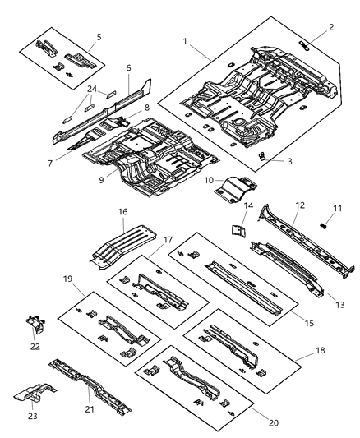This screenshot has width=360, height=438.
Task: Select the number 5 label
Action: pos(99,37)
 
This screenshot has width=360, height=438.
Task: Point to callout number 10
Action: pos(209,179)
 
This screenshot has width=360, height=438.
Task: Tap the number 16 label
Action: pos(122,212)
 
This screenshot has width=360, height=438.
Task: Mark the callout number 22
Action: pos(34,346)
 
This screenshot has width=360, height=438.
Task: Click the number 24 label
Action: pos(92,89)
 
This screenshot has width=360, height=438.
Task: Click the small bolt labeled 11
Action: pos(324,222)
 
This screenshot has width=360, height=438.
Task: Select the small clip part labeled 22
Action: pos(36,325)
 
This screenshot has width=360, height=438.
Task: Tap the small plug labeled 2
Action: pos(306,43)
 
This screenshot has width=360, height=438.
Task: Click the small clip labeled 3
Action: pos(261,154)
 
